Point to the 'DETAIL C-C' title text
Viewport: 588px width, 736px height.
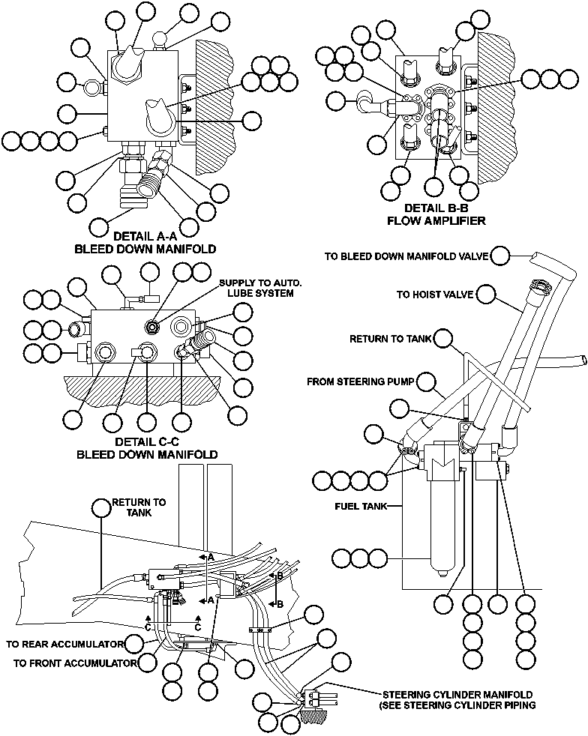tap(147, 441)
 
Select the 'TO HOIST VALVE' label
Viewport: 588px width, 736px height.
tap(435, 295)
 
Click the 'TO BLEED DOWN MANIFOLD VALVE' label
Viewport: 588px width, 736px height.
tap(406, 256)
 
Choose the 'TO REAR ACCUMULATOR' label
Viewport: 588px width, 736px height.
tap(64, 644)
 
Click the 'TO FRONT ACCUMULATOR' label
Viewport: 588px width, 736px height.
tap(75, 663)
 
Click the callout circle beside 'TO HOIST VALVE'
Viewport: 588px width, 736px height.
tap(487, 295)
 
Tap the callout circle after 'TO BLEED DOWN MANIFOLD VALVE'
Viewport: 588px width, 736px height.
tap(502, 256)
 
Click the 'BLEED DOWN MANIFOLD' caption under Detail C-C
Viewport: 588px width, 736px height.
tap(147, 454)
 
